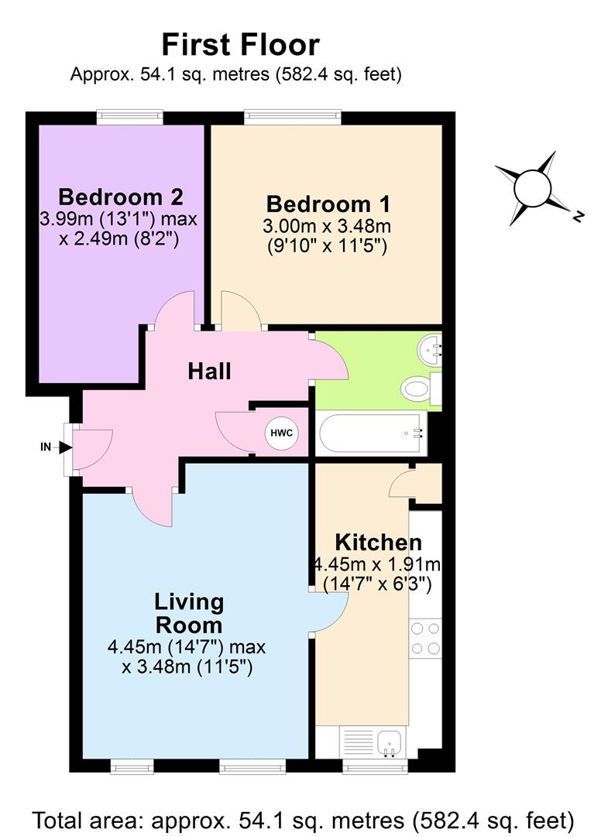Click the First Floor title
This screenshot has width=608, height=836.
click(x=240, y=44)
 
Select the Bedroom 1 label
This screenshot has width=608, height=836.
click(x=328, y=204)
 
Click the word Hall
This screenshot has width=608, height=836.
click(x=209, y=372)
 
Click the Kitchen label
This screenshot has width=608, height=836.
click(x=378, y=542)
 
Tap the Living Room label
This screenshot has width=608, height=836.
click(x=189, y=612)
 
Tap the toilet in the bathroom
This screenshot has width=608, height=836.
click(x=418, y=389)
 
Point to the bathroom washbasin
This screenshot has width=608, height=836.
click(x=429, y=348)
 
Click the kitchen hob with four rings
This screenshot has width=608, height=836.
click(x=425, y=637)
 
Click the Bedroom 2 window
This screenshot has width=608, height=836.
click(x=129, y=117)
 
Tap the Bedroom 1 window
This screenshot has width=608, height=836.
click(x=293, y=117)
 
